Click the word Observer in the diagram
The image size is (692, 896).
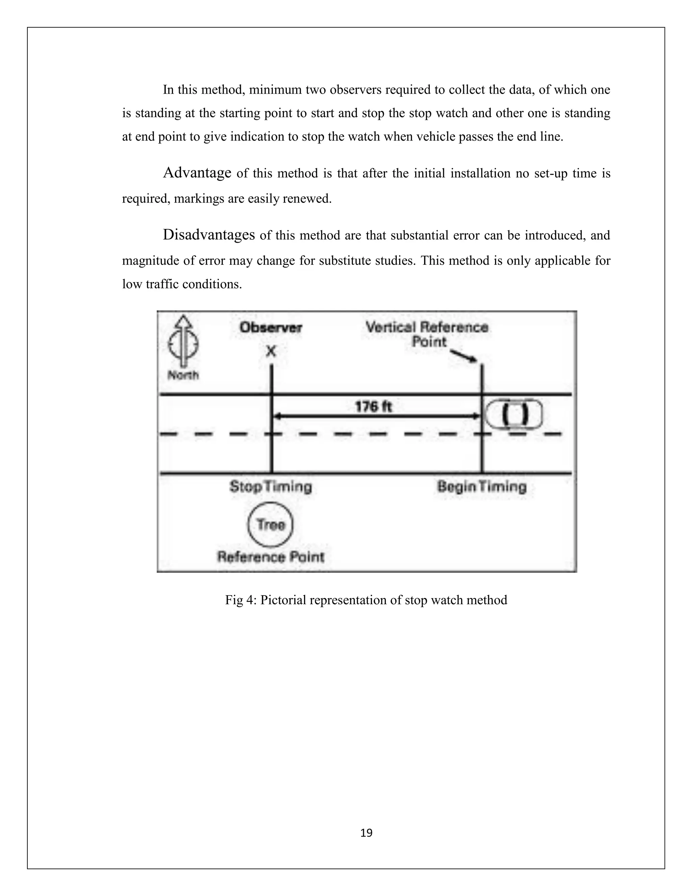click(271, 327)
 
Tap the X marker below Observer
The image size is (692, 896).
click(271, 351)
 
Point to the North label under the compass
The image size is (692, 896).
click(183, 375)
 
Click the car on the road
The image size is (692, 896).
click(514, 415)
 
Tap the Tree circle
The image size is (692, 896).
click(271, 525)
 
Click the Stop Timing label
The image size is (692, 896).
click(271, 487)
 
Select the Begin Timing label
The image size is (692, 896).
click(482, 487)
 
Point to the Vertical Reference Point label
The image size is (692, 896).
click(427, 334)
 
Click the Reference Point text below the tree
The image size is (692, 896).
click(271, 557)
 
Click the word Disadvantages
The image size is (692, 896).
click(209, 235)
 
